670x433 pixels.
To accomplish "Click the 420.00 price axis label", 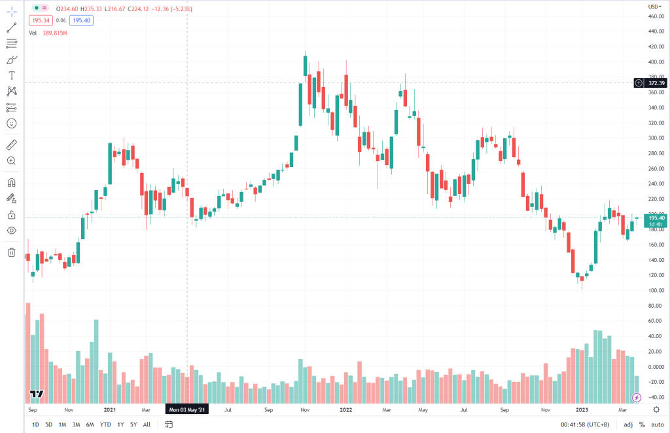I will (x=656, y=47).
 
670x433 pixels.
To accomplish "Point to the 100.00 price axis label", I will (x=656, y=290).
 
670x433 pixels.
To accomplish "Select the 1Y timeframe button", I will (x=120, y=424).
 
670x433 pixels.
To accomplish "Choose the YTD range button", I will (x=105, y=424).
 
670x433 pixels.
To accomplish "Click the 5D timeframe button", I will (x=49, y=424).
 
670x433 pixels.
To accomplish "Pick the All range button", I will (x=147, y=424).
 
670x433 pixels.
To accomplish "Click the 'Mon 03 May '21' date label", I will (x=187, y=409).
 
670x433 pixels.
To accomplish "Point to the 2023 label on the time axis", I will (x=581, y=409).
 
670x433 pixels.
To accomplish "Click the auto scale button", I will (x=656, y=424).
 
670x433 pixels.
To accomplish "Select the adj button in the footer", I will (x=628, y=424).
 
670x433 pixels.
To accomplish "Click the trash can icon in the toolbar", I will (x=12, y=252).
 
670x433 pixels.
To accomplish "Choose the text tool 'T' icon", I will (x=12, y=76).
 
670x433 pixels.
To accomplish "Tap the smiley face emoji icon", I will (x=12, y=123).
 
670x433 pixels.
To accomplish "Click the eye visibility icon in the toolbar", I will (x=12, y=231).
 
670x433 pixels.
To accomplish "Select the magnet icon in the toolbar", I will (x=12, y=183).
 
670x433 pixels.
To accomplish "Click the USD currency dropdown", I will (x=653, y=6).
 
